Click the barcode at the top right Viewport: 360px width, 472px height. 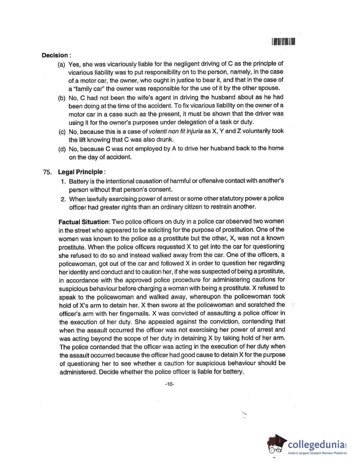tap(284, 42)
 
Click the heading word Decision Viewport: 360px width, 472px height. tap(55, 55)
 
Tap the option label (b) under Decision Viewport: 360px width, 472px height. tap(62, 98)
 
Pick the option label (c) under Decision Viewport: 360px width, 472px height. tap(62, 131)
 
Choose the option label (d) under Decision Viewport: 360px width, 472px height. tap(62, 149)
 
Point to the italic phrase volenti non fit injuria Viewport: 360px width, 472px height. tap(175, 131)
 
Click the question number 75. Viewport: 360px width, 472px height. tap(47, 172)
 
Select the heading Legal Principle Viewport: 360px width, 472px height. tap(80, 172)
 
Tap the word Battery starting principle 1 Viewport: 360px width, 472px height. tap(79, 181)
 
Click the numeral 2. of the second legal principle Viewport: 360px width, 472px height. tap(63, 199)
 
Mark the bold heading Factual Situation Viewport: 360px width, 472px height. tap(83, 222)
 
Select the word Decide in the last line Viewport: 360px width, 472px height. tap(109, 372)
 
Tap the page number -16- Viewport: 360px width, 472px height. tap(169, 384)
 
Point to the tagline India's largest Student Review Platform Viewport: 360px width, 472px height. tap(317, 453)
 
